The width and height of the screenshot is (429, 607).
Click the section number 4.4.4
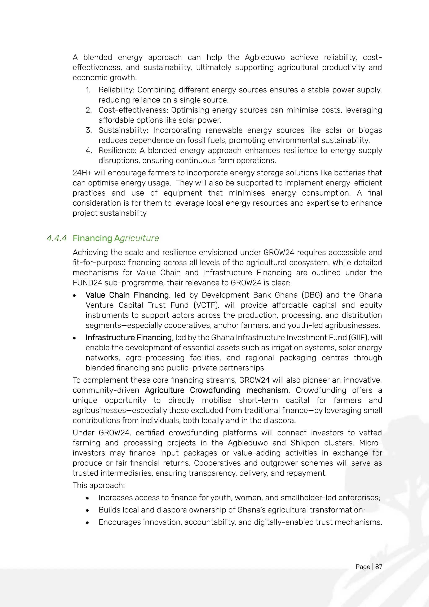click(57, 238)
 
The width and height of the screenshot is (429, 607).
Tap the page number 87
click(379, 567)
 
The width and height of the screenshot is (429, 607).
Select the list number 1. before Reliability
click(88, 90)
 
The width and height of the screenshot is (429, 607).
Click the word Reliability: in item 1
click(116, 90)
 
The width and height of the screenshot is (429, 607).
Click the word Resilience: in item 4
click(118, 150)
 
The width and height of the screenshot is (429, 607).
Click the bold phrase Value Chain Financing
click(127, 295)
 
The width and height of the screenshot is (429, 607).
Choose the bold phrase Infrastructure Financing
click(129, 338)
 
